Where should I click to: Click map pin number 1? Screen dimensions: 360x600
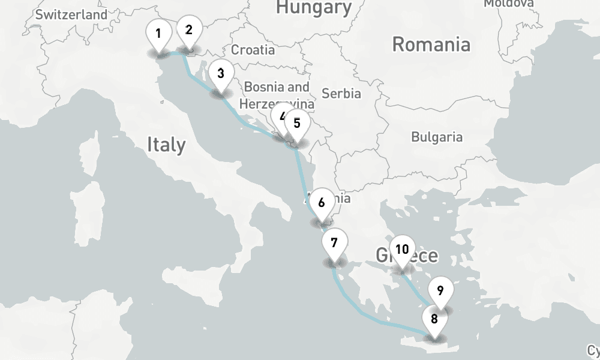click(158, 34)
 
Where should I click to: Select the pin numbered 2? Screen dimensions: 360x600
click(189, 30)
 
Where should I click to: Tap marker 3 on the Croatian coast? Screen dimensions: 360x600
click(221, 74)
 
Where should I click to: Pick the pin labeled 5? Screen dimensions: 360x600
click(297, 124)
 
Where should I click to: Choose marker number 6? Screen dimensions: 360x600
click(322, 203)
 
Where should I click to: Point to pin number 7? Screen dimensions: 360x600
click(334, 244)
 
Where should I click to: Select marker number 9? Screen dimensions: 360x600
click(440, 292)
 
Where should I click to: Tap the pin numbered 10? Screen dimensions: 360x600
click(402, 250)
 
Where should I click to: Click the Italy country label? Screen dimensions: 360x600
click(166, 145)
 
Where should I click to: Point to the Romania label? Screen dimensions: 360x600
click(431, 44)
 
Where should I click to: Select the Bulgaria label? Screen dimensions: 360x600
click(437, 137)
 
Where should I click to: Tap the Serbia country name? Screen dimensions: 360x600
click(341, 94)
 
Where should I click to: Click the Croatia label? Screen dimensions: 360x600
click(253, 50)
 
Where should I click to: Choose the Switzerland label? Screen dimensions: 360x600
click(71, 14)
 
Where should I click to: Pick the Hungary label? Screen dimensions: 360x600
click(313, 7)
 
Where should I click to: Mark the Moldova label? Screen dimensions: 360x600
click(509, 4)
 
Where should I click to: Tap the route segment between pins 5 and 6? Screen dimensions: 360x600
click(302, 174)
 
